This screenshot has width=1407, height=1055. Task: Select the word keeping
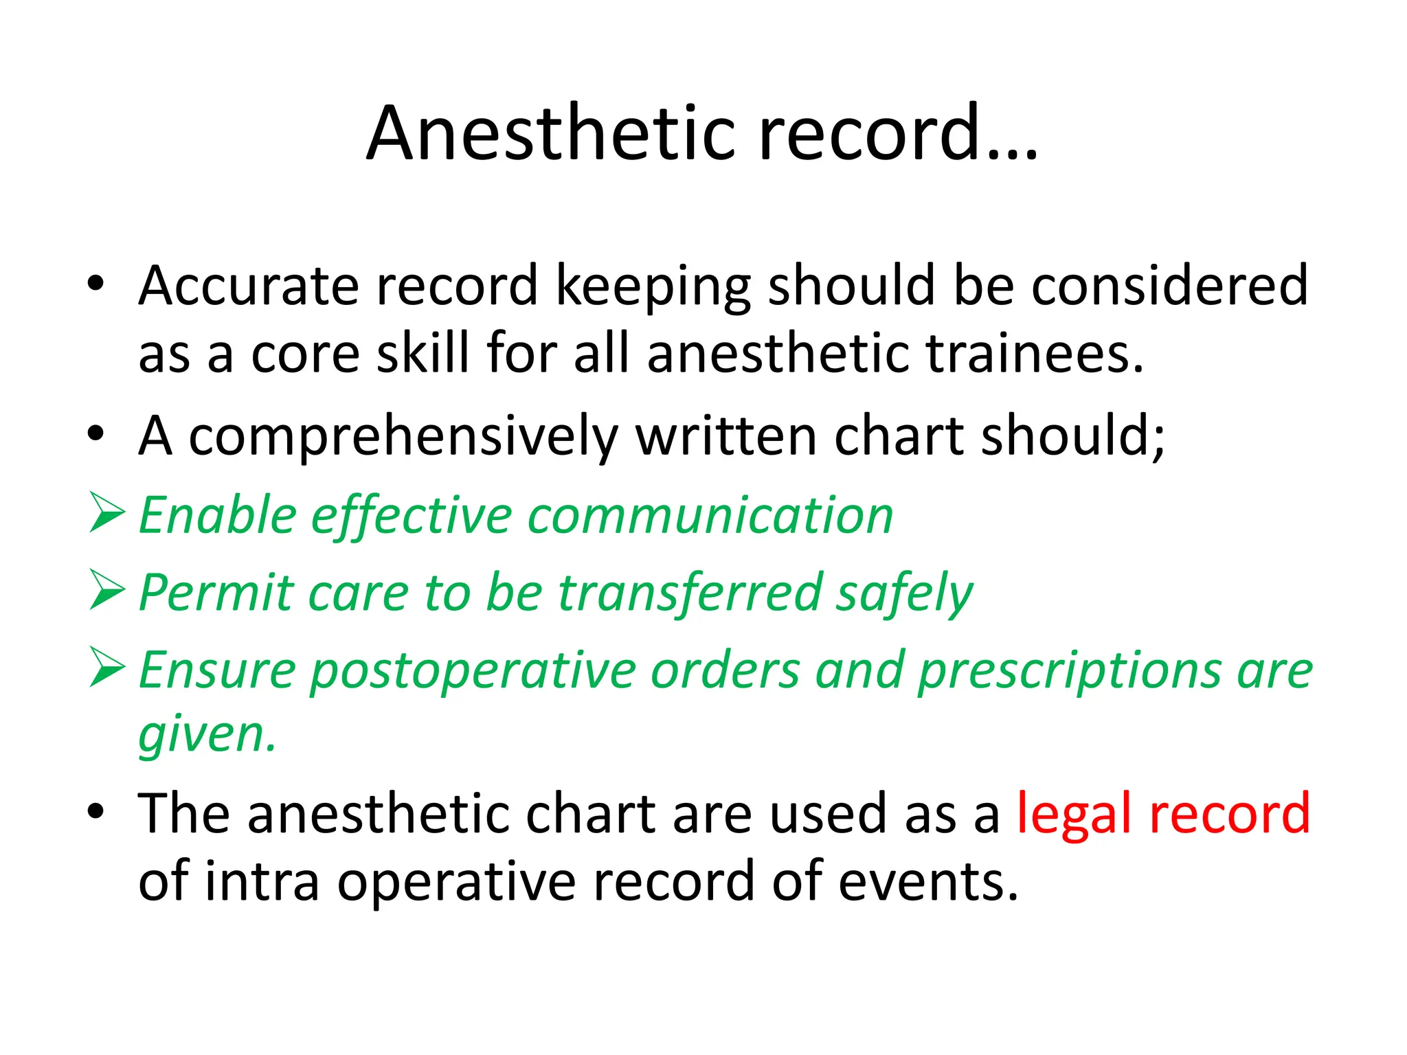653,287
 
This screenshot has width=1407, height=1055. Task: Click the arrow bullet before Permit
107,591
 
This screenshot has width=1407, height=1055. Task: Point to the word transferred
690,592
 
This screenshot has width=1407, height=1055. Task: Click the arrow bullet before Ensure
107,668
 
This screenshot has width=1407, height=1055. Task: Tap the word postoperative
473,670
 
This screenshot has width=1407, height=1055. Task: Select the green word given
207,735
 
